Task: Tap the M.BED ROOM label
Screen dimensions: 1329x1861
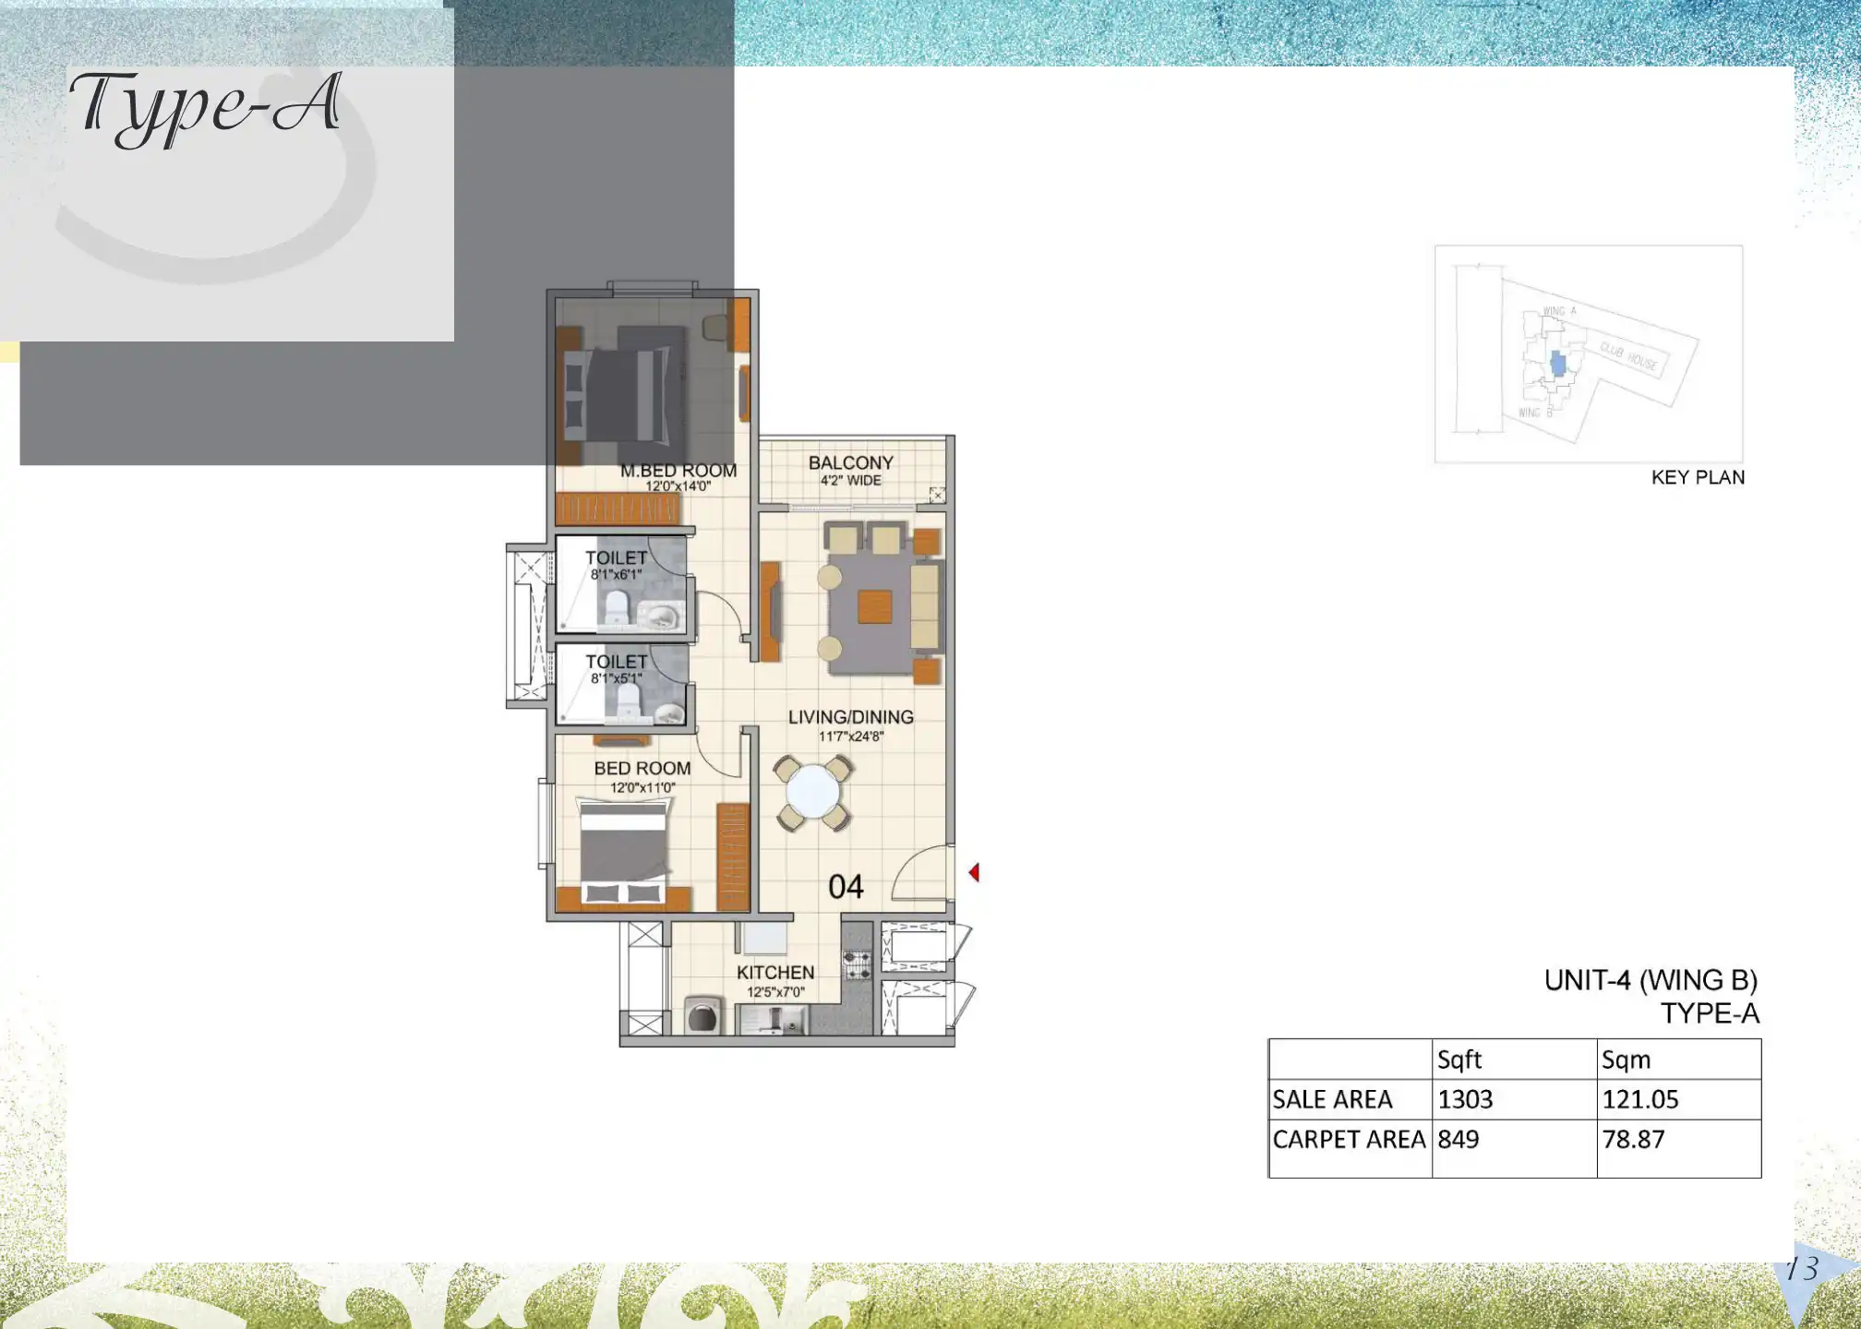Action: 678,471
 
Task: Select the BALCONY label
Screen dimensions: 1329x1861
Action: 850,462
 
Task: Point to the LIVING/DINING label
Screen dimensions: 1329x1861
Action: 850,717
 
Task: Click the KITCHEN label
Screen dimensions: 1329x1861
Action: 775,973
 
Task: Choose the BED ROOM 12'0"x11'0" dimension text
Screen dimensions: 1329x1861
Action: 642,788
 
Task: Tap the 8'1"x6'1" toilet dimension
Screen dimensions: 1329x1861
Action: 616,575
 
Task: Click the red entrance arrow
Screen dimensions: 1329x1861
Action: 974,872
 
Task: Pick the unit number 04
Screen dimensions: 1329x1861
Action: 846,887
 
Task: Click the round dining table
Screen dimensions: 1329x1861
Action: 812,793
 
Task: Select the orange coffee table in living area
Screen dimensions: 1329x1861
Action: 874,607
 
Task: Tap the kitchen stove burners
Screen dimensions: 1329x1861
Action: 858,964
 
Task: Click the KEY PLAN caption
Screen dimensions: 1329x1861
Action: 1698,478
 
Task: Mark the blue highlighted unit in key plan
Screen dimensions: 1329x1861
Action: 1558,364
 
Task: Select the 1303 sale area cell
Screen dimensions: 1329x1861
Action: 1465,1099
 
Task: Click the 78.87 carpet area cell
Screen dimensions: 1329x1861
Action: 1633,1140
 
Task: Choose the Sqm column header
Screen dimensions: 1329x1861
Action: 1626,1060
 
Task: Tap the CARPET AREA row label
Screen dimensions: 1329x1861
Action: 1349,1140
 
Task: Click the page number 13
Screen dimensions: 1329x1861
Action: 1801,1269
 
